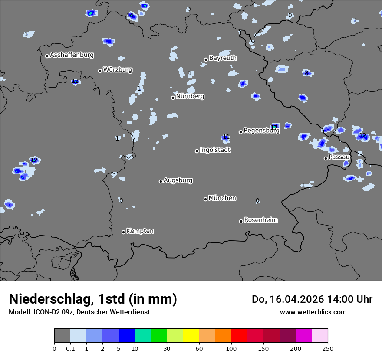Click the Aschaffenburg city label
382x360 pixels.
tap(72, 55)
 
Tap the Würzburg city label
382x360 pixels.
tap(118, 70)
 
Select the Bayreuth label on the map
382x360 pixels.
tap(223, 58)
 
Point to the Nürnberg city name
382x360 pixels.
tap(190, 96)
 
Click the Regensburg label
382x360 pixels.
tap(261, 131)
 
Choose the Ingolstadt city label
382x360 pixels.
tap(215, 150)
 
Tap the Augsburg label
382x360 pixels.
tap(178, 180)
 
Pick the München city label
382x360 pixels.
tap(222, 198)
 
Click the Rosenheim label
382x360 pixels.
tap(261, 220)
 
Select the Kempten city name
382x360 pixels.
tap(140, 231)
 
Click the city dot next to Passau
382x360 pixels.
tap(326, 158)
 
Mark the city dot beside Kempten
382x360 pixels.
tap(123, 232)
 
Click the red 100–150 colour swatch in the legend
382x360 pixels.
tap(239, 336)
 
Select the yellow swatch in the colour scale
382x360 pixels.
tap(191, 336)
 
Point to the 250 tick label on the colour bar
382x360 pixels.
tap(328, 348)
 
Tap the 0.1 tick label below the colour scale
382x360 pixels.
tap(70, 348)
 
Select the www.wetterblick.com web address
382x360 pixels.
tap(313, 312)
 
